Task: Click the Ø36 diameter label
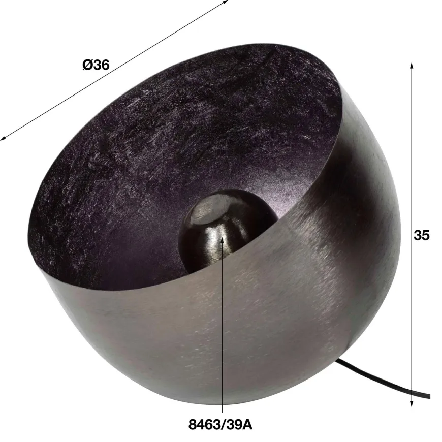(x=96, y=65)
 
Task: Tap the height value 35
(x=421, y=235)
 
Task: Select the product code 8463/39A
(x=220, y=425)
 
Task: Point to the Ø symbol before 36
(x=87, y=65)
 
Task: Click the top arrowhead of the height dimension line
(x=412, y=66)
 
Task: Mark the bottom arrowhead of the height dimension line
(x=412, y=403)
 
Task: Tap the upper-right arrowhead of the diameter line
(x=225, y=2)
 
